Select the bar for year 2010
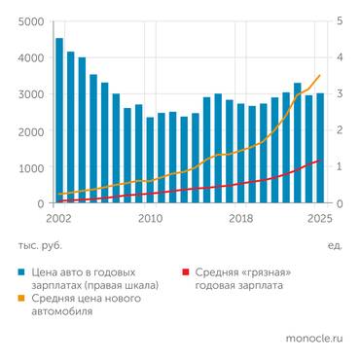(151, 161)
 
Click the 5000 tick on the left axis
(30, 21)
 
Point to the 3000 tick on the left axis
(30, 95)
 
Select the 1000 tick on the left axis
(30, 168)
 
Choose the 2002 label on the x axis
(59, 219)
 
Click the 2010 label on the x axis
(150, 219)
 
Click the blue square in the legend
(20, 273)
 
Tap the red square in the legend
(185, 273)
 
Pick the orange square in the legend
(20, 299)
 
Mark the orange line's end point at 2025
(320, 75)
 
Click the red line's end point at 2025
(320, 160)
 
